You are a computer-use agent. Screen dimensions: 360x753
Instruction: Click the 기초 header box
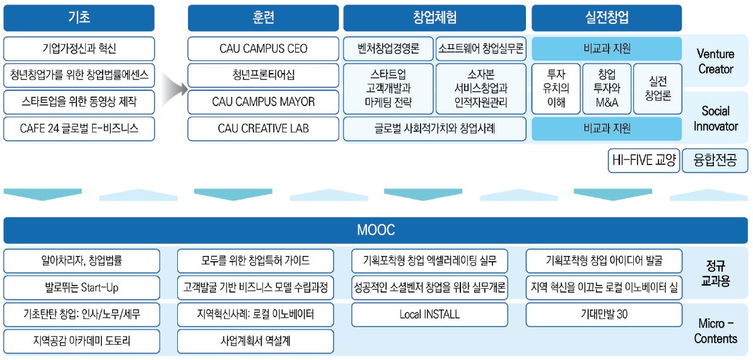pyautogui.click(x=79, y=18)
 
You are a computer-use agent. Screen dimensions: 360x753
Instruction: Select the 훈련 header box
pyautogui.click(x=263, y=18)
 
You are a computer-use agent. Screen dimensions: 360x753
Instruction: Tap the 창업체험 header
pyautogui.click(x=435, y=18)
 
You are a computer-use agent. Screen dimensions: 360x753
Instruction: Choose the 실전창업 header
pyautogui.click(x=606, y=18)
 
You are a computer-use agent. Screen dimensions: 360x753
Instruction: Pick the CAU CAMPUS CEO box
pyautogui.click(x=263, y=49)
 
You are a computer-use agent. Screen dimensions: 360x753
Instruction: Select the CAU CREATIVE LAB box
pyautogui.click(x=263, y=129)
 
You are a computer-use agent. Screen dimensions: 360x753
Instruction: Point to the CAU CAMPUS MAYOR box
pyautogui.click(x=263, y=102)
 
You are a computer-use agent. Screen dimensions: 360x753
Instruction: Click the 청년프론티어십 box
pyautogui.click(x=263, y=75)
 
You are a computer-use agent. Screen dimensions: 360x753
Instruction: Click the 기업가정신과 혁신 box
pyautogui.click(x=79, y=49)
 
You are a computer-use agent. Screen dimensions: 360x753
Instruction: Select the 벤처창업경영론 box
pyautogui.click(x=387, y=49)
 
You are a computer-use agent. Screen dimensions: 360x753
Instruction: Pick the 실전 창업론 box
pyautogui.click(x=657, y=88)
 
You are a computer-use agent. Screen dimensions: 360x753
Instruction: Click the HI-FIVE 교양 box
pyautogui.click(x=643, y=160)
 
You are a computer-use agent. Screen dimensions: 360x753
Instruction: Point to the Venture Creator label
pyautogui.click(x=716, y=61)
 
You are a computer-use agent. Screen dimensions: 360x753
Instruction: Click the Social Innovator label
pyautogui.click(x=716, y=119)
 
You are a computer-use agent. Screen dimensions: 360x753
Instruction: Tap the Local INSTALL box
pyautogui.click(x=429, y=314)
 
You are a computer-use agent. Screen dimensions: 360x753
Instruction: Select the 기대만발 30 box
pyautogui.click(x=604, y=314)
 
